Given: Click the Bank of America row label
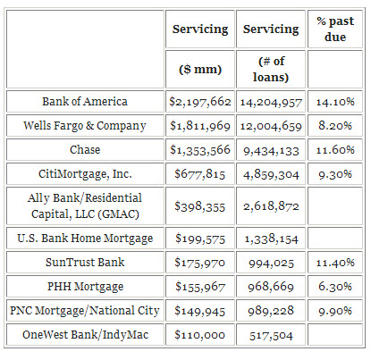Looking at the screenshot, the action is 85,102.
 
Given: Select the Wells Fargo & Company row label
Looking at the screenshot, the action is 85,126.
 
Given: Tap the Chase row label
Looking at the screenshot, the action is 85,149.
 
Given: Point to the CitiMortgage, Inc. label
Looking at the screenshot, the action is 85,174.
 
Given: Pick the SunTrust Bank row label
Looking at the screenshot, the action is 85,263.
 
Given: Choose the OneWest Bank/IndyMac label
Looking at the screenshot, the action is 85,335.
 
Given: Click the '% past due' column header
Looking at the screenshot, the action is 335,29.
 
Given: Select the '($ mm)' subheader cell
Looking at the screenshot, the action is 200,70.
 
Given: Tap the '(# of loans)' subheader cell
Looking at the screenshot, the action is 271,69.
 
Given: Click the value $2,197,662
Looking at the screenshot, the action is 200,102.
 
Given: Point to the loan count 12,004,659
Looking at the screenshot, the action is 271,126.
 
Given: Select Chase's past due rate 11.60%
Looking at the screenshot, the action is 335,150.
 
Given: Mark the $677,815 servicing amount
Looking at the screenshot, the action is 200,174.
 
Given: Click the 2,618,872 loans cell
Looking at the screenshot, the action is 271,206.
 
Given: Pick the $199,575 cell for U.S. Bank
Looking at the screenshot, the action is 200,239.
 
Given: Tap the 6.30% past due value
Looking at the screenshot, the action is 335,287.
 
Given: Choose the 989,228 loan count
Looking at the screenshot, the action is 271,311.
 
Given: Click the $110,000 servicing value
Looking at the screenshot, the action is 200,335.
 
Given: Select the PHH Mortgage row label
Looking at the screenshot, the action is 85,287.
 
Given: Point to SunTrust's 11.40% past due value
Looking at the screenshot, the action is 335,263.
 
